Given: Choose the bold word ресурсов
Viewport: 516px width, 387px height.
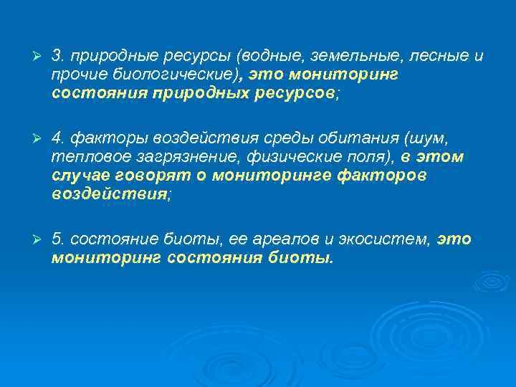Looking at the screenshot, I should [293, 93].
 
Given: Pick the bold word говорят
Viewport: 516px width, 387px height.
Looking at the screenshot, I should [157, 176].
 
